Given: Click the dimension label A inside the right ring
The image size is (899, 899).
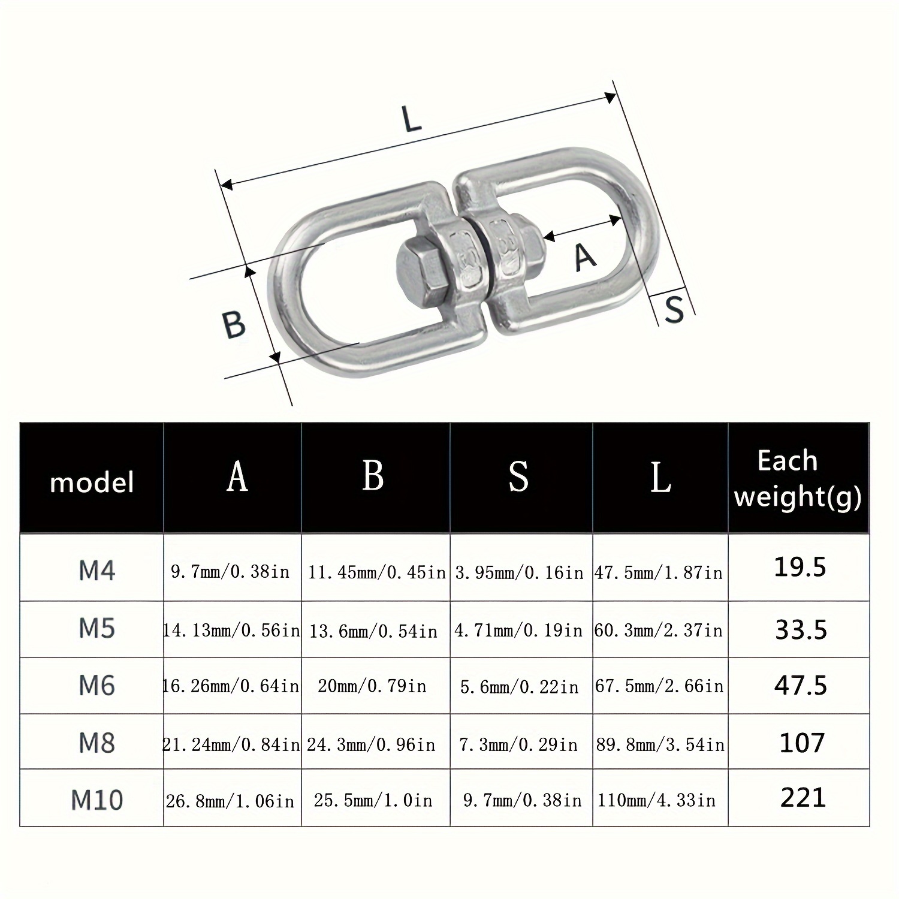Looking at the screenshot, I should pyautogui.click(x=585, y=257).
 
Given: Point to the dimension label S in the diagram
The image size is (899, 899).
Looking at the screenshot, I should pyautogui.click(x=675, y=309).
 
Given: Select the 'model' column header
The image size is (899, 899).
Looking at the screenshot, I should pyautogui.click(x=92, y=482).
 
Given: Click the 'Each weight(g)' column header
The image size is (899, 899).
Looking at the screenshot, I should pyautogui.click(x=798, y=479).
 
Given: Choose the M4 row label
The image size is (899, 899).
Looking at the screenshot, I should pyautogui.click(x=96, y=571).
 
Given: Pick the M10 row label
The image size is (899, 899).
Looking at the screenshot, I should pyautogui.click(x=96, y=800).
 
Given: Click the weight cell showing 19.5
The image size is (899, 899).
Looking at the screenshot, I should pyautogui.click(x=800, y=567).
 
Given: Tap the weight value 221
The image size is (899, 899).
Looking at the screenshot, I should pyautogui.click(x=803, y=798).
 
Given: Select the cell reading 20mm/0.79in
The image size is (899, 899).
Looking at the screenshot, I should pyautogui.click(x=372, y=686).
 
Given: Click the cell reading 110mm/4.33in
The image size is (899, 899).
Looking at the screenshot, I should pyautogui.click(x=657, y=800).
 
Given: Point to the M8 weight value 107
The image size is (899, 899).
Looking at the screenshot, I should pyautogui.click(x=802, y=743).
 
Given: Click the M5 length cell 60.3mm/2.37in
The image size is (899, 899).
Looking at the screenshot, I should pyautogui.click(x=659, y=630).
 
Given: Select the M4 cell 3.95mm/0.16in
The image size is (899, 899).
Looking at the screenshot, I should pyautogui.click(x=519, y=573).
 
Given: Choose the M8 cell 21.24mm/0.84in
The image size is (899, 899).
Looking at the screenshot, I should pyautogui.click(x=231, y=744).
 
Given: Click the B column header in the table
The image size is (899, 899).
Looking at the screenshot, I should pyautogui.click(x=373, y=476).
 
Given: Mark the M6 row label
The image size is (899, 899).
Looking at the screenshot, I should pyautogui.click(x=96, y=685).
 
